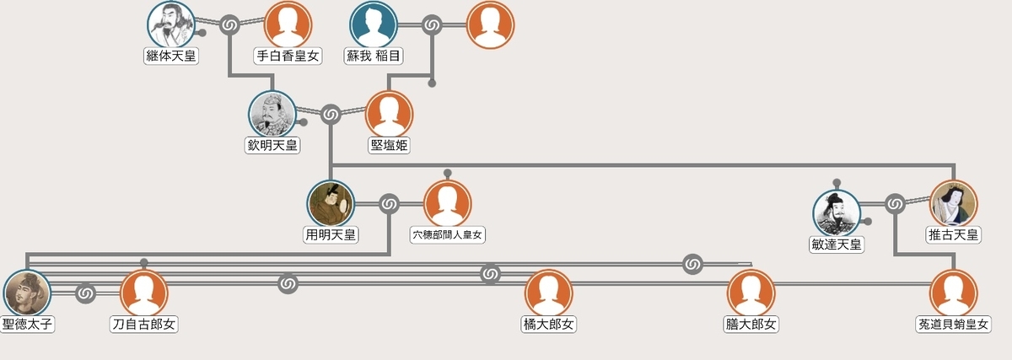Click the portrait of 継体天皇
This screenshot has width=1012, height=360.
pos(171,24)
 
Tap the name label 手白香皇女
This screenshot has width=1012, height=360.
pos(288,56)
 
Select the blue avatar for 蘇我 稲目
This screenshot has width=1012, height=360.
pos(374,24)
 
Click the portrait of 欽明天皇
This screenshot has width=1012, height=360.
pos(272,114)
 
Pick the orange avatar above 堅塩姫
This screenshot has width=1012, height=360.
pos(389,114)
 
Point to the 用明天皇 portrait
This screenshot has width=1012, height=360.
pos(331,204)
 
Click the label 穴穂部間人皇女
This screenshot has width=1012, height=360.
pos(448,234)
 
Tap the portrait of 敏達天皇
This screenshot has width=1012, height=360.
pos(836,212)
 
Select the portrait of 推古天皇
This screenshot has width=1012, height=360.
pos(954,203)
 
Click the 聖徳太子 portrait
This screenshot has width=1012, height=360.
pos(27,293)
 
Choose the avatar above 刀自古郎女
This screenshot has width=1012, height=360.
pos(144,293)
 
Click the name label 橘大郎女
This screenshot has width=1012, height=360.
pos(549,324)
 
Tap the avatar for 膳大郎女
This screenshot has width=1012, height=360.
pos(751,293)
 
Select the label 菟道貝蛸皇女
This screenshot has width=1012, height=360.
pos(954,324)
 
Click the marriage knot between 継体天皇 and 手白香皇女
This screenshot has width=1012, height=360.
pos(229,25)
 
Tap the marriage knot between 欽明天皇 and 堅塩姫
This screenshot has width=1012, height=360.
pos(331,114)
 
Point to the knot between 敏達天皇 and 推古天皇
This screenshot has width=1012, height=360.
pos(895,203)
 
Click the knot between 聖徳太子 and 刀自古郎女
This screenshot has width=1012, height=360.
pos(85,293)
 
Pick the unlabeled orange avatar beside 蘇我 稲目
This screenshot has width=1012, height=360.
pos(490,24)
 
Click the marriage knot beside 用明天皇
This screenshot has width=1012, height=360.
pos(389,203)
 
